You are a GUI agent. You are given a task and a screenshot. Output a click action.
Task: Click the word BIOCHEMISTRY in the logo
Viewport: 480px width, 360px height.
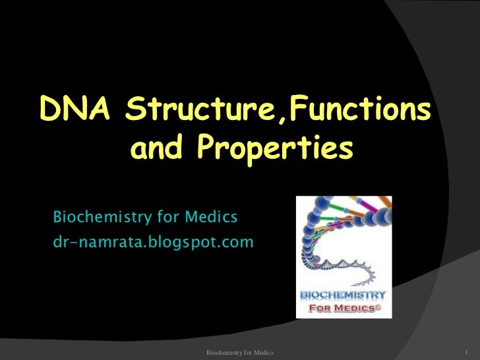344,293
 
